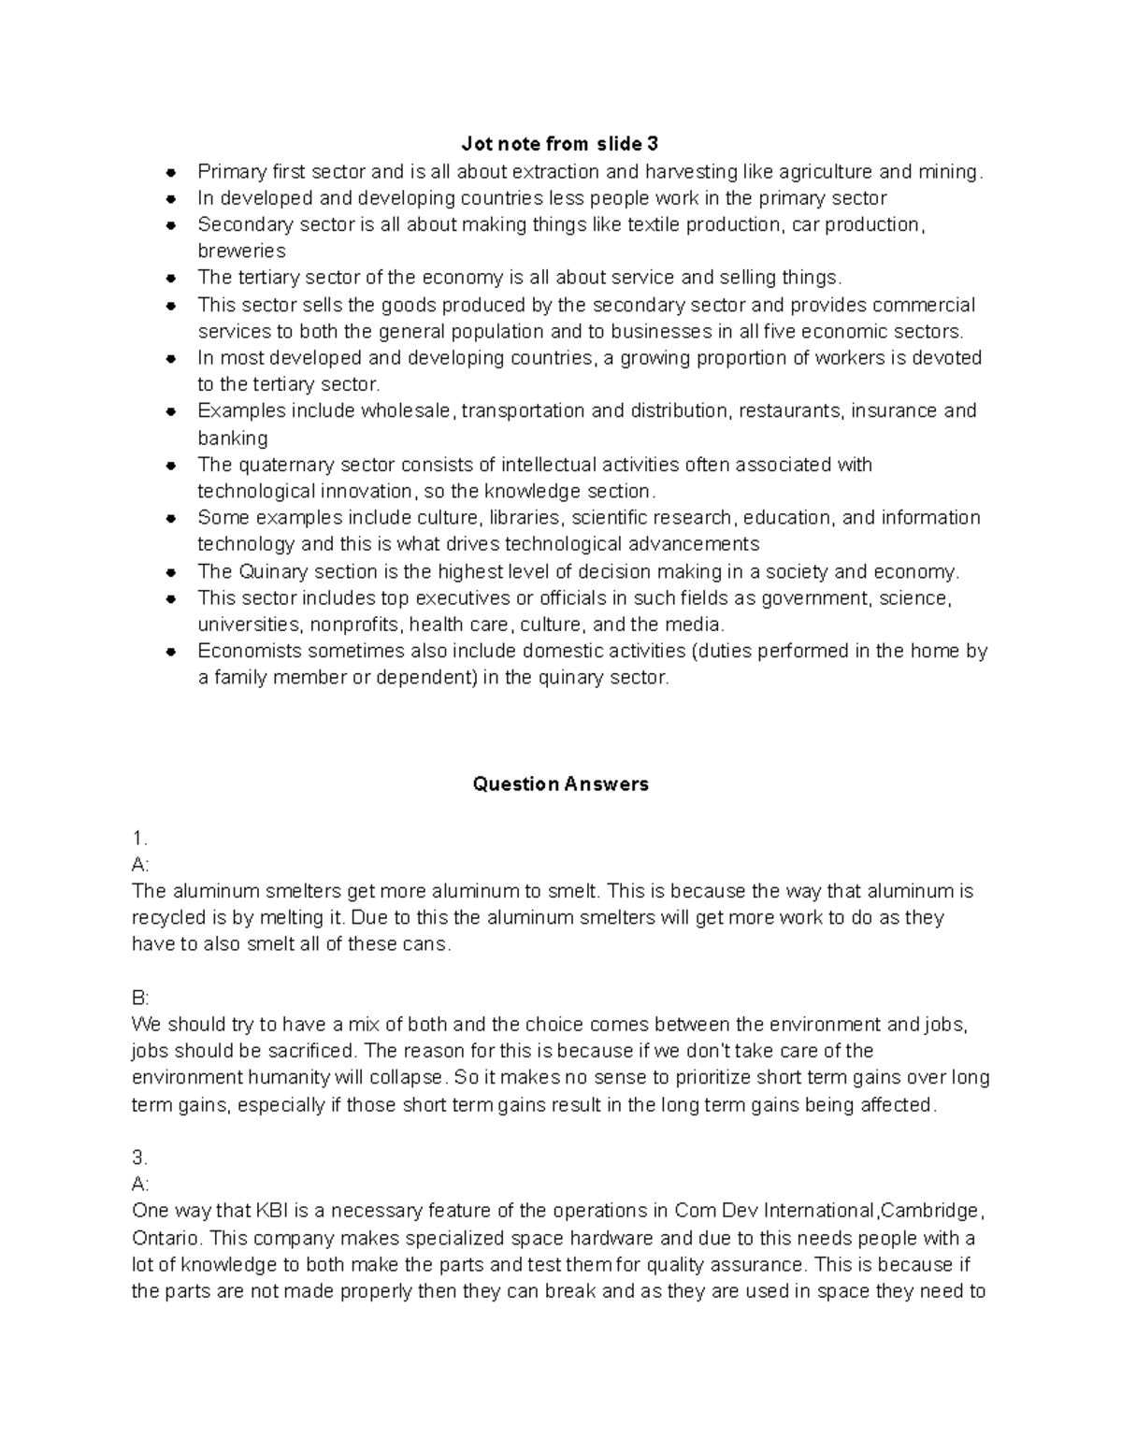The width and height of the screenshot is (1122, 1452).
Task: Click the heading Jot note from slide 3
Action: click(560, 144)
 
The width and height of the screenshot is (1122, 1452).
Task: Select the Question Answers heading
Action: click(560, 784)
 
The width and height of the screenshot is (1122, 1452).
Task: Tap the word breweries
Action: click(241, 251)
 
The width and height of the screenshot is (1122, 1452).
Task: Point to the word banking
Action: click(233, 438)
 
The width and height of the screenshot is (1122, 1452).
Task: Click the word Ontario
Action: click(165, 1238)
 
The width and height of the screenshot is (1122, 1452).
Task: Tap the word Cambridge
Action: click(929, 1211)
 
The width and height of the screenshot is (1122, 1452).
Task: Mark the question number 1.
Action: click(139, 837)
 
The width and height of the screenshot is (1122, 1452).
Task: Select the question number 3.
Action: click(139, 1157)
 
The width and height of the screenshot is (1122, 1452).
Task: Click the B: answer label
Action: click(140, 998)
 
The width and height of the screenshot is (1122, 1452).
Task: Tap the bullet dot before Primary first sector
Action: click(171, 172)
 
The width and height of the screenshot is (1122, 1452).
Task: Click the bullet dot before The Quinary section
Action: click(171, 572)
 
